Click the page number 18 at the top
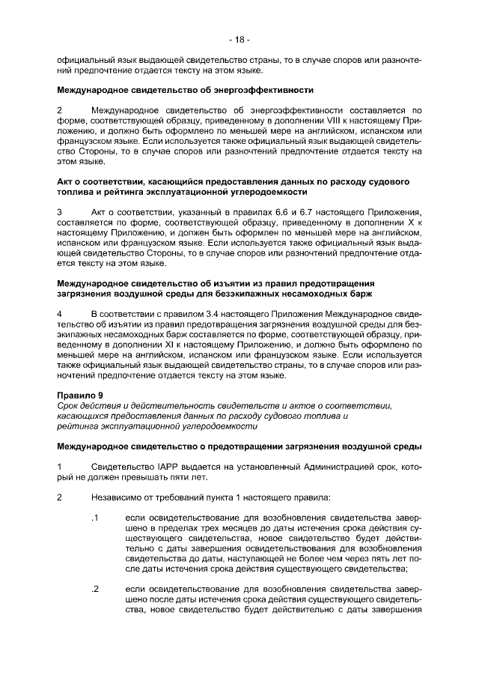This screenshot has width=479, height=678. click(239, 39)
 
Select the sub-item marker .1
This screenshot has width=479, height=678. click(94, 518)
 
